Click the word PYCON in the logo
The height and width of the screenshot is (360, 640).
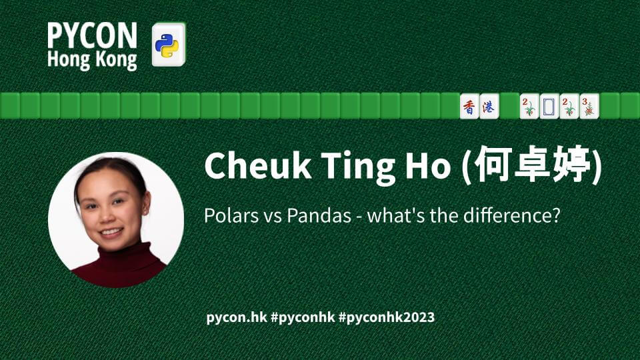(x=92, y=35)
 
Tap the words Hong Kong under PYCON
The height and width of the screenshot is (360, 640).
(x=92, y=60)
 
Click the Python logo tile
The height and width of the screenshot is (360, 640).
(x=169, y=45)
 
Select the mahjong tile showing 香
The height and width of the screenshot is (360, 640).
(x=469, y=106)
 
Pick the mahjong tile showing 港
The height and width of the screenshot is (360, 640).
(x=489, y=106)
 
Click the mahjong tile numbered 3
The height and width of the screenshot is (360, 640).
(x=589, y=106)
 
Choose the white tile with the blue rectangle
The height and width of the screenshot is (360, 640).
(x=549, y=106)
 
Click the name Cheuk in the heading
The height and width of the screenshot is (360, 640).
(x=258, y=165)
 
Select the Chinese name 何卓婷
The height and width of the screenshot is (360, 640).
(x=533, y=165)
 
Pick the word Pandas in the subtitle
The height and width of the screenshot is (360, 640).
(x=319, y=215)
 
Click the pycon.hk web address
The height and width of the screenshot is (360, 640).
(x=237, y=317)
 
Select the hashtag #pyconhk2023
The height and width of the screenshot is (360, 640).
(x=387, y=317)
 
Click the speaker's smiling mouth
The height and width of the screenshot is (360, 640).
(x=111, y=232)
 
